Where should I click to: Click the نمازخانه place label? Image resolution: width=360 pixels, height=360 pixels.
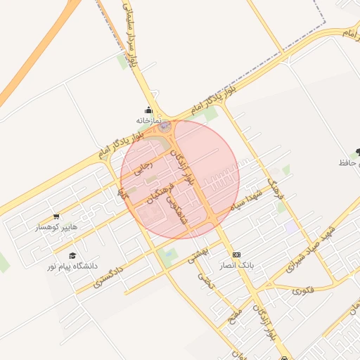point(148,121)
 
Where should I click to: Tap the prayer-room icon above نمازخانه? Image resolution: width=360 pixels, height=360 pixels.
point(148,110)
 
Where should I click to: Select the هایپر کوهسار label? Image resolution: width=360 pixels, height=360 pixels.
point(56,227)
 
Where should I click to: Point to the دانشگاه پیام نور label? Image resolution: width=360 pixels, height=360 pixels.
point(72,266)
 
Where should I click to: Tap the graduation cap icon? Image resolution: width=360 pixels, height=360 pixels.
point(72,255)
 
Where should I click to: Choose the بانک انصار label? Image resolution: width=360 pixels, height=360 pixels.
point(236,266)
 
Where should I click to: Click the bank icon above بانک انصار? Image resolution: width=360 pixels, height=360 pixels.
point(236,255)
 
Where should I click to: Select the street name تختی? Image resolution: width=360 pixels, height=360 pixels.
point(205,281)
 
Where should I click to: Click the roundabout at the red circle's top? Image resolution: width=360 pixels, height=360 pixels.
point(165,127)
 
